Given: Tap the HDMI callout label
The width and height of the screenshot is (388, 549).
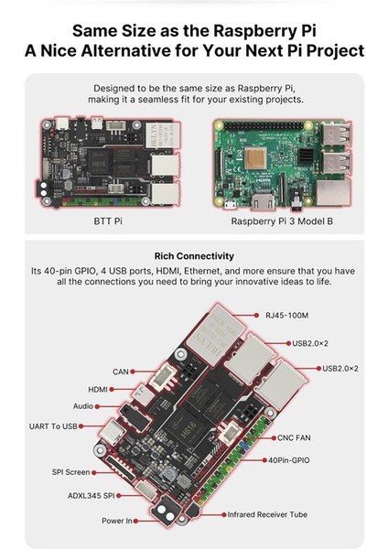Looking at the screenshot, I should click(x=98, y=389).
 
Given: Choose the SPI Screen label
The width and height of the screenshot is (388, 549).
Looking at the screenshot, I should click(x=70, y=473).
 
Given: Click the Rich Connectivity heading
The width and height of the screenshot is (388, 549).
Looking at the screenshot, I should click(x=194, y=256).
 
